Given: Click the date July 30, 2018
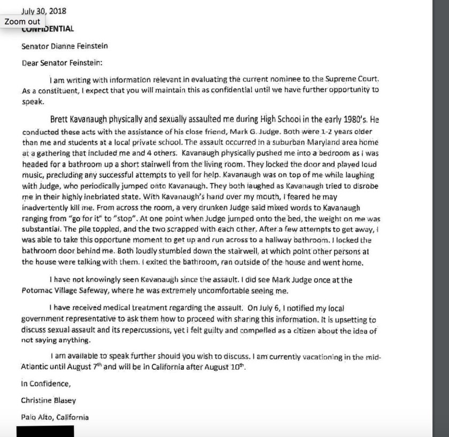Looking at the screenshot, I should point(44,11).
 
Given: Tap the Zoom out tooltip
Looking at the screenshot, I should point(22,21).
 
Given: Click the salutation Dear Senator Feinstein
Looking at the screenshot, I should point(61,63).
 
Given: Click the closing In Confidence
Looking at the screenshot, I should point(46,384).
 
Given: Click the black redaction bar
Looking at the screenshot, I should point(45,431).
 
